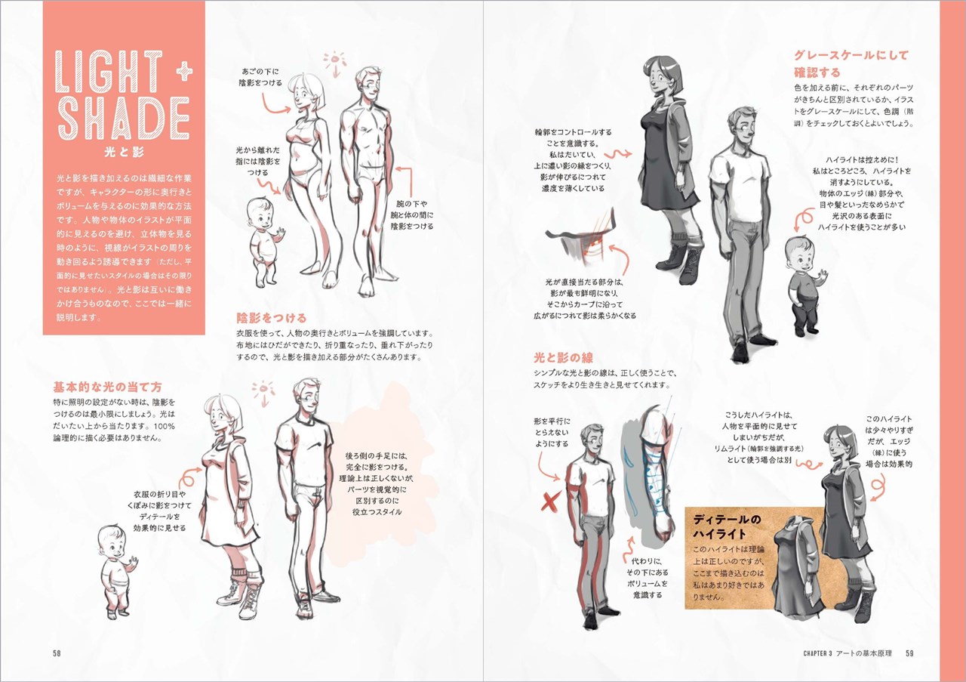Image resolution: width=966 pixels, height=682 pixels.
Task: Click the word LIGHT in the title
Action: (x=109, y=71)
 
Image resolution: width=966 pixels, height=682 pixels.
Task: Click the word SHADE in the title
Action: (x=123, y=119)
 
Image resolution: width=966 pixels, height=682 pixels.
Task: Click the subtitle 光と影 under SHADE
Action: (x=124, y=152)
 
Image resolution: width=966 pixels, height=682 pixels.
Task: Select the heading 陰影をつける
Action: (x=271, y=318)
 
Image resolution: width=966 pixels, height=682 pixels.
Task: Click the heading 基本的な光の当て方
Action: (x=107, y=387)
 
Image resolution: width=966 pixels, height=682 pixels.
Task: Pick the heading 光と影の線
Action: (x=563, y=357)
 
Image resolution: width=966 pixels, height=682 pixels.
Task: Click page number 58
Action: (x=57, y=653)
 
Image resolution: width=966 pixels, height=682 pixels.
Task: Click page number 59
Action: (x=909, y=653)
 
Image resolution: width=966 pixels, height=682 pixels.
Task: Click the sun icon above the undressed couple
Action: (x=335, y=63)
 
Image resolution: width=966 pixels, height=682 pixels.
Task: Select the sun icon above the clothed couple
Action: (x=263, y=393)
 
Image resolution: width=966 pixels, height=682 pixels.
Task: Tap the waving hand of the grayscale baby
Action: (x=823, y=276)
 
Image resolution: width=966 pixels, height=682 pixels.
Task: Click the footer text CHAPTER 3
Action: (x=817, y=653)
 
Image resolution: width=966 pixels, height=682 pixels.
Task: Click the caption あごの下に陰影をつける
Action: (x=260, y=76)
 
